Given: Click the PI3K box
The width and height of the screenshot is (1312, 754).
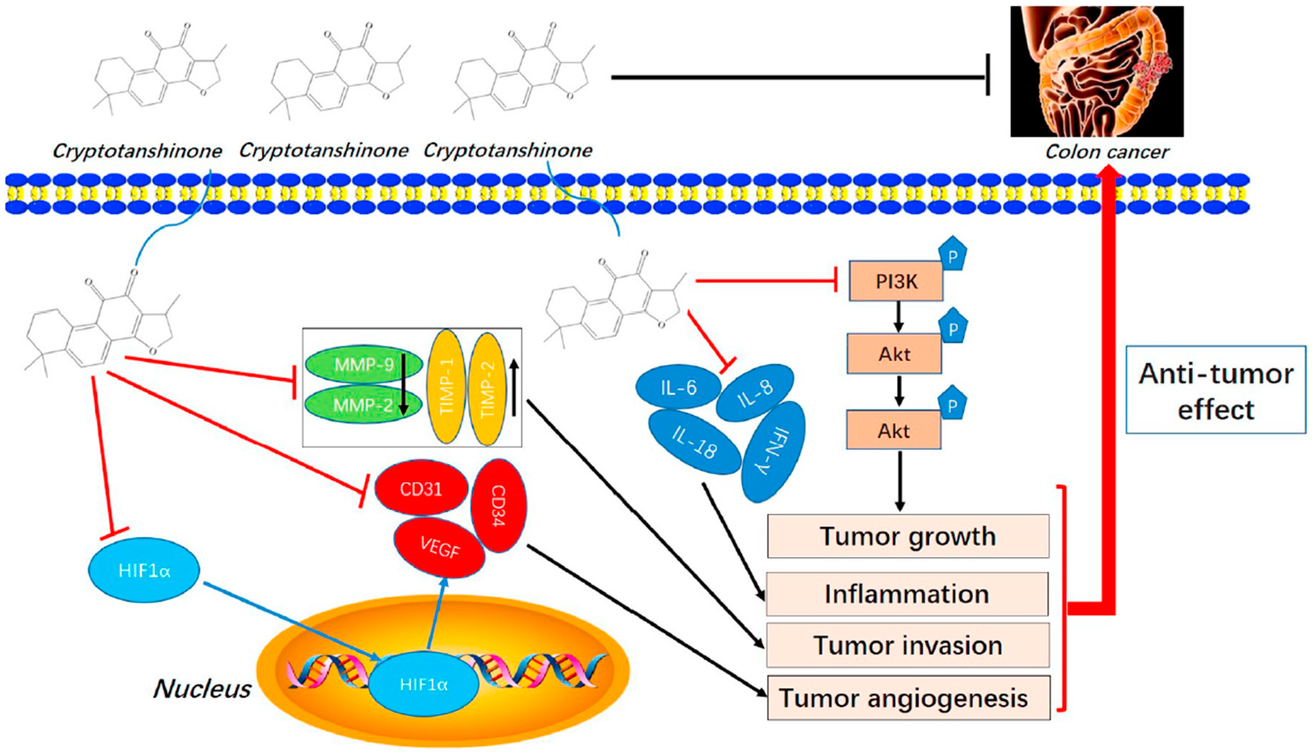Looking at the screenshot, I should coord(895,281).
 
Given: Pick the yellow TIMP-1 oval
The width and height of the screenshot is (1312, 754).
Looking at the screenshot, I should coord(446,387).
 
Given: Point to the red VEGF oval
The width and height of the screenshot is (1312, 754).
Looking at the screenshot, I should coord(439,547).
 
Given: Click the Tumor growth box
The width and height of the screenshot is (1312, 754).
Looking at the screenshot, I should coord(908,536).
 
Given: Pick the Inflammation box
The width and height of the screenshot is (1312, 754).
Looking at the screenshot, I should coord(907,594).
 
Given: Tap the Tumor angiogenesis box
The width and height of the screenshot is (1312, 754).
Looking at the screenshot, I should coord(908,697).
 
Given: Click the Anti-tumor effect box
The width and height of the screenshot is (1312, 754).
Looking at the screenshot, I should coord(1215,390).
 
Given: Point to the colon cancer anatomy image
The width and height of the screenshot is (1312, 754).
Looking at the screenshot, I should coord(1096,71).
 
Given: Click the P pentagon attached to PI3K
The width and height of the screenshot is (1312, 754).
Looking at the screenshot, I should coord(952,254).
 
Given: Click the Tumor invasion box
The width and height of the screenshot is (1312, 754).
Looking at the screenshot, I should coord(908,645).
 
